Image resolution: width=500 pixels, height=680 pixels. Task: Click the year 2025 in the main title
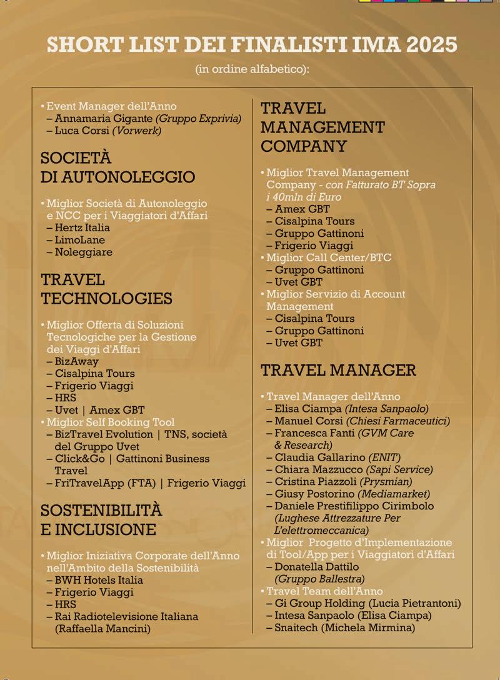point(431,44)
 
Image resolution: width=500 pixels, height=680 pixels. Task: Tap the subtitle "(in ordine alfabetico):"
point(252,68)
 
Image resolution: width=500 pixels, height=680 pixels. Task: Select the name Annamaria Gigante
point(103,119)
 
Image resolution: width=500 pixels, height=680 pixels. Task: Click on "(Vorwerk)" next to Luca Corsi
point(137,131)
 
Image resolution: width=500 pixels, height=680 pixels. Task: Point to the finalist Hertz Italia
point(82,227)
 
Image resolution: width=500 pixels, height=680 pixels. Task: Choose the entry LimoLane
point(79,240)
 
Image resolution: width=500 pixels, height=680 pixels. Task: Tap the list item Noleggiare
point(84,252)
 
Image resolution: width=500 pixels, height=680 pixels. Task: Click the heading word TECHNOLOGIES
point(106,298)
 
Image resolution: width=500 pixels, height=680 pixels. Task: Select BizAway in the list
point(76,361)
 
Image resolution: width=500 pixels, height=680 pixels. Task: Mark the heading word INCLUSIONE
point(98,529)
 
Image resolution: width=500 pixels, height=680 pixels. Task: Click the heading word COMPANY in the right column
point(303,146)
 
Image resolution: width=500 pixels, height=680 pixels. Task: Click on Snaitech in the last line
point(296,627)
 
